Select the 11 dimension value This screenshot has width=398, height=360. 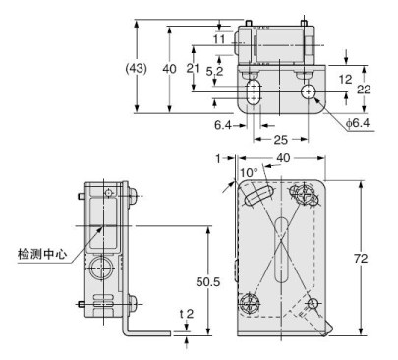(218, 40)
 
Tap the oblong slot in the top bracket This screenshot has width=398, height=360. (255, 95)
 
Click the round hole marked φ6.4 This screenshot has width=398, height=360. (310, 92)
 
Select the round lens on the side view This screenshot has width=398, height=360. (101, 267)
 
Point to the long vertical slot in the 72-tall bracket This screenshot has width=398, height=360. (282, 246)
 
